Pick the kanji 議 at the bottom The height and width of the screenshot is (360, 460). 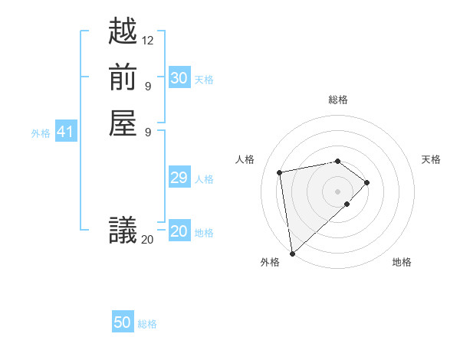click(123, 230)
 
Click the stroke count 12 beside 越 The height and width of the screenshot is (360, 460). click(148, 40)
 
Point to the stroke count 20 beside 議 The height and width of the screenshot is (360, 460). click(147, 239)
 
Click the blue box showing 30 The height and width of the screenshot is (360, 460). click(179, 78)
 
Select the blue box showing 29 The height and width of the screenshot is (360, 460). click(179, 178)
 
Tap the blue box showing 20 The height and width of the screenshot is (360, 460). click(179, 231)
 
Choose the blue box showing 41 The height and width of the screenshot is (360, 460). click(65, 133)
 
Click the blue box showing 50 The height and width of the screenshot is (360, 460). click(123, 322)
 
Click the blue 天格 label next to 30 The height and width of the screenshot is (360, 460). click(204, 80)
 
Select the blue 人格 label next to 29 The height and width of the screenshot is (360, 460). click(204, 179)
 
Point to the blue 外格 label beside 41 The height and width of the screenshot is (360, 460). click(41, 133)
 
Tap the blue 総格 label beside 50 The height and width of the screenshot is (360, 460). click(147, 324)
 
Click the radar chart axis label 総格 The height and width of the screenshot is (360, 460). click(338, 100)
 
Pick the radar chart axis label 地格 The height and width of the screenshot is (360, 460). click(402, 263)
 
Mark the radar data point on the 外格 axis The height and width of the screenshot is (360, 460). click(292, 253)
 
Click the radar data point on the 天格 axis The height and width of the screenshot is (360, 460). click(367, 182)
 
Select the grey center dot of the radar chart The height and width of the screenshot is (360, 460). click(337, 191)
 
